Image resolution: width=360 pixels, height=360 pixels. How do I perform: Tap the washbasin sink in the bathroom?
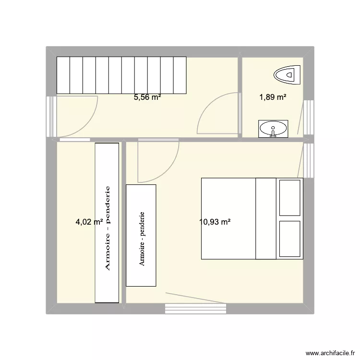[x=273, y=129]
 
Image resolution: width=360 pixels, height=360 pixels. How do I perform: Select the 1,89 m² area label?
[x=273, y=97]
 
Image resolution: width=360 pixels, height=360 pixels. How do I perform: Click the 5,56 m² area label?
[x=147, y=97]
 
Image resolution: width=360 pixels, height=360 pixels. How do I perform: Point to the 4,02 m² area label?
[x=89, y=222]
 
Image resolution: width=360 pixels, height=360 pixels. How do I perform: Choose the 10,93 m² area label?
[x=215, y=222]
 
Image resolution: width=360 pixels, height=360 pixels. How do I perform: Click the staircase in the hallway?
[x=121, y=75]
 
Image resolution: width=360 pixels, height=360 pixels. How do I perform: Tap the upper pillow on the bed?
[x=289, y=198]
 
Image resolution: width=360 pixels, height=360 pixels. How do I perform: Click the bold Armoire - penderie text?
[x=108, y=228]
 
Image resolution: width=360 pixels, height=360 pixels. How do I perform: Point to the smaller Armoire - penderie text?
[x=142, y=239]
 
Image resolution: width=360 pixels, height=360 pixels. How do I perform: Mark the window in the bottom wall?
[x=195, y=309]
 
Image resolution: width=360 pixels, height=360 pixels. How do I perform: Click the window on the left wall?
[x=51, y=117]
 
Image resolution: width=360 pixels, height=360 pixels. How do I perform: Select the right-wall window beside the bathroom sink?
[x=308, y=117]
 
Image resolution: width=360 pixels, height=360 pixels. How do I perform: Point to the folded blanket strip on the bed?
[x=266, y=218]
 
